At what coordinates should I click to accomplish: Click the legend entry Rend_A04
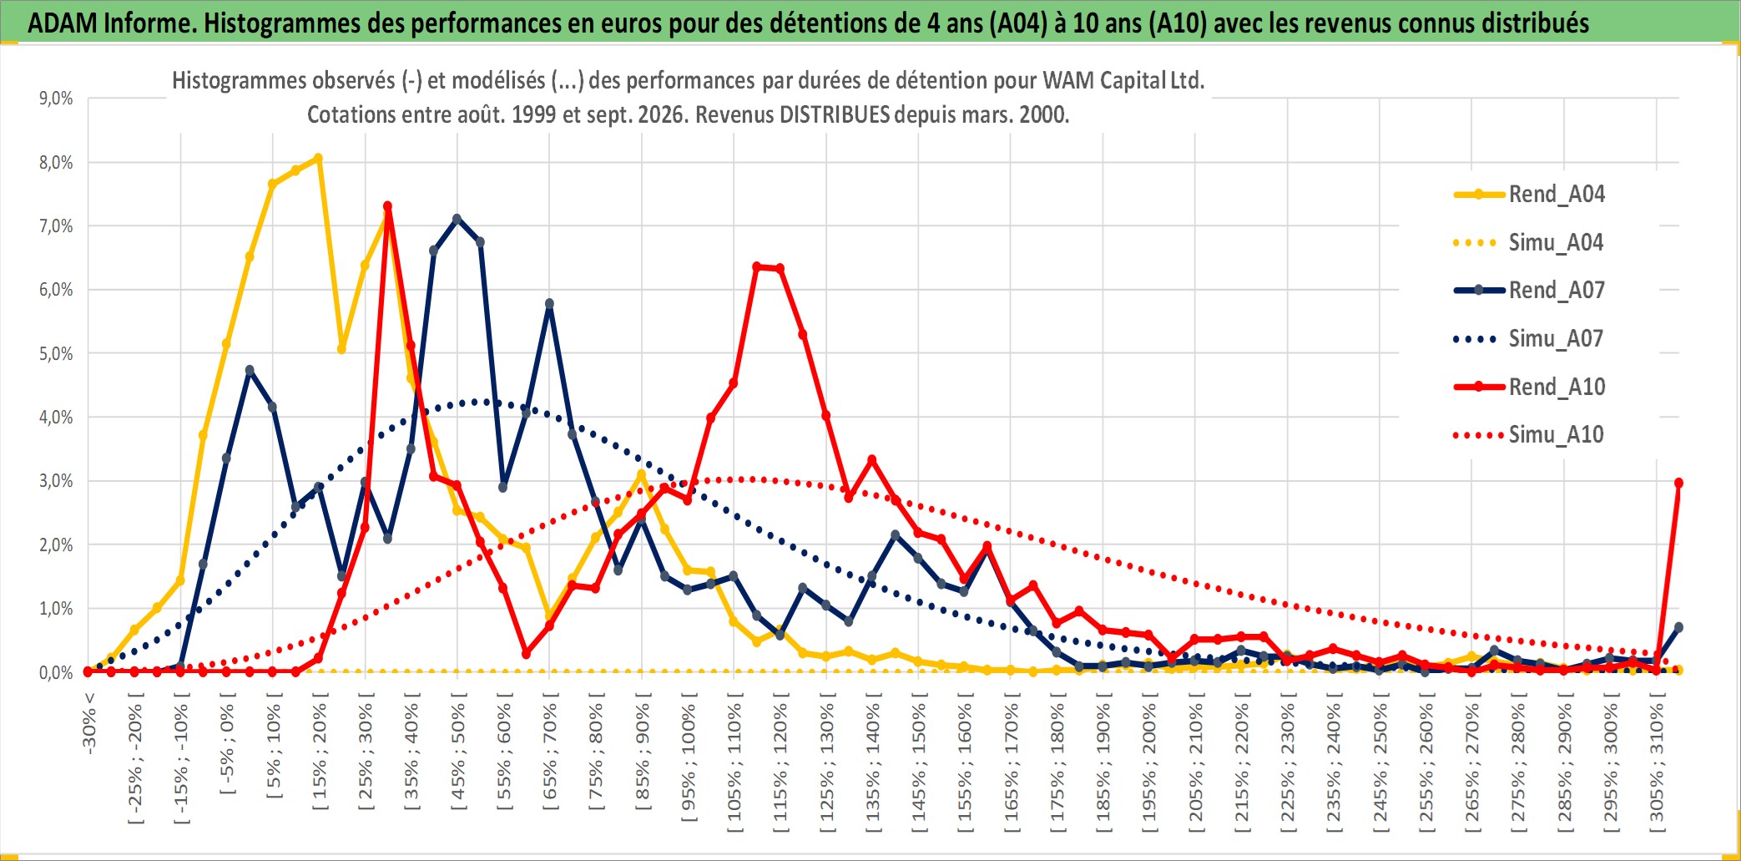pyautogui.click(x=1529, y=195)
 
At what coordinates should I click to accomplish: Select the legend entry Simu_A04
pyautogui.click(x=1529, y=243)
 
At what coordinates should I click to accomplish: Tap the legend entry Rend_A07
pyautogui.click(x=1529, y=291)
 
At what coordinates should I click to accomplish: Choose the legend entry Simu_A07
pyautogui.click(x=1529, y=339)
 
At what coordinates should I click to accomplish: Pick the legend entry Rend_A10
pyautogui.click(x=1529, y=387)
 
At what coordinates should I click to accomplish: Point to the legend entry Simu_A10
pyautogui.click(x=1529, y=435)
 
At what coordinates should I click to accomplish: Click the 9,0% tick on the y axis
pyautogui.click(x=56, y=99)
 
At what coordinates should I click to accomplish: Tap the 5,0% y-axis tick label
pyautogui.click(x=56, y=353)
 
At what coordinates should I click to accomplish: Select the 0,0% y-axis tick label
pyautogui.click(x=56, y=672)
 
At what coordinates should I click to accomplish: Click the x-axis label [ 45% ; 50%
pyautogui.click(x=458, y=757)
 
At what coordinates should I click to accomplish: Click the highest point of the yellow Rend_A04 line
pyautogui.click(x=318, y=158)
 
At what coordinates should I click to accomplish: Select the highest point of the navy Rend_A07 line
pyautogui.click(x=457, y=219)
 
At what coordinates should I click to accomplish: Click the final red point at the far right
pyautogui.click(x=1678, y=483)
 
